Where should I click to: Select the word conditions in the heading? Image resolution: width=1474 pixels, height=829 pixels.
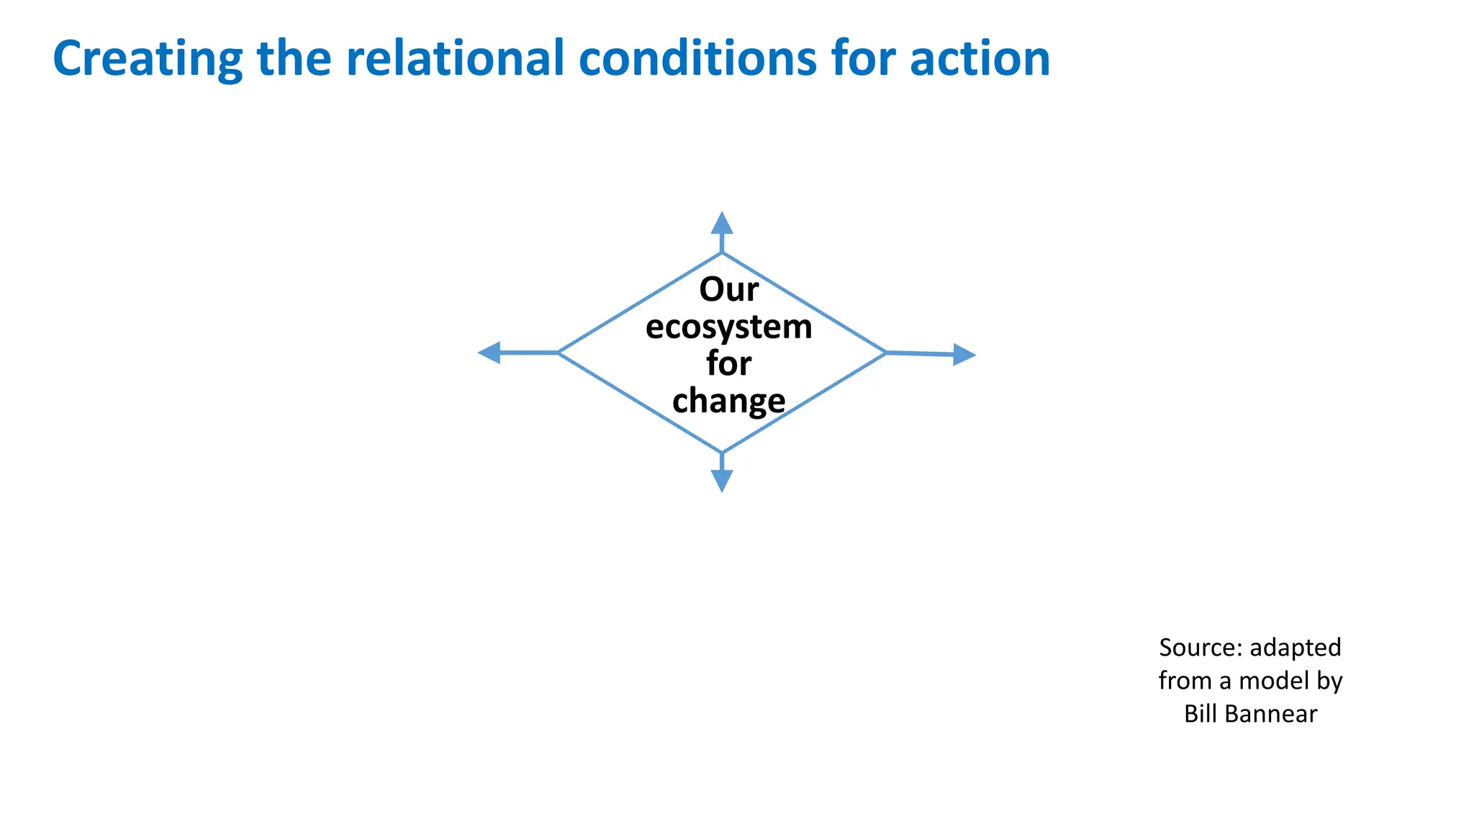pos(697,59)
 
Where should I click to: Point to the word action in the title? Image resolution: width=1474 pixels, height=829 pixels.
pos(980,59)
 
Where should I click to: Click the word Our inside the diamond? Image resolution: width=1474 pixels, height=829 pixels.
pos(728,289)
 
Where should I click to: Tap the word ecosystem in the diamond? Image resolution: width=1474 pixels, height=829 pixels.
pos(728,327)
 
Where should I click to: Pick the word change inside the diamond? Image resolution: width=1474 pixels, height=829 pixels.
pos(728,401)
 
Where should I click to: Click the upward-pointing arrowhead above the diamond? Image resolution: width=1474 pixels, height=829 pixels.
pos(722,223)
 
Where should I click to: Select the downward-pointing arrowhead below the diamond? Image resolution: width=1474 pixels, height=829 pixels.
pos(722,481)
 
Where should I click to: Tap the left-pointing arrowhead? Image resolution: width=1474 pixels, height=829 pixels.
pos(489,353)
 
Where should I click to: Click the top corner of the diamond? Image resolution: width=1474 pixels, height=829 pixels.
pos(722,253)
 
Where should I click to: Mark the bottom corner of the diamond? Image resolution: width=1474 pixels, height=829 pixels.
pos(722,452)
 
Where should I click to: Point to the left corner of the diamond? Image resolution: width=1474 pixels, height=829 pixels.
pos(559,353)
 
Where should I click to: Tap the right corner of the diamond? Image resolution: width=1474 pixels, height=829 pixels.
pos(885,353)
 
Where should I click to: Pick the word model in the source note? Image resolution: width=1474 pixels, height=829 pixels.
pos(1273,681)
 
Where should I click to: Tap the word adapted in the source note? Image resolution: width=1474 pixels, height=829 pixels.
pos(1295,648)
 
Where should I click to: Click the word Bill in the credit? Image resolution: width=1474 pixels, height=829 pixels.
pos(1200,714)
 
